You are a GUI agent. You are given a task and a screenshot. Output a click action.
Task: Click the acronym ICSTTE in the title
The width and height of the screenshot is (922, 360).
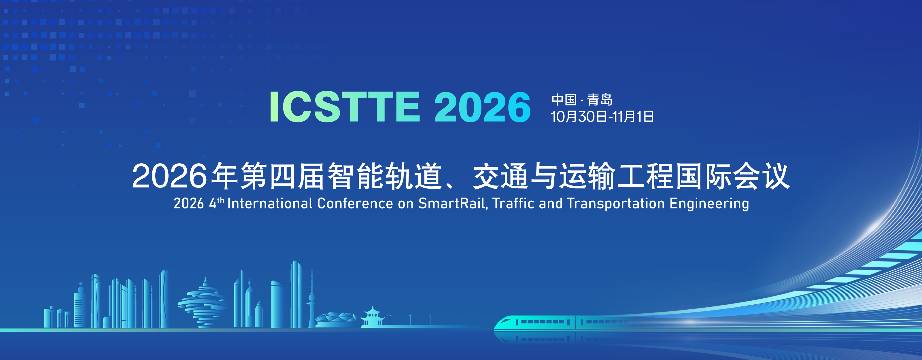(x=345, y=107)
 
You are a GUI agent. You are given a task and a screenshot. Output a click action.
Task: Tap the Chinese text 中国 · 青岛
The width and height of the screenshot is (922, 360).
(x=582, y=99)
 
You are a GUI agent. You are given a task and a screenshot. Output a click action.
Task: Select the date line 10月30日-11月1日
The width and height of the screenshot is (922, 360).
(x=602, y=117)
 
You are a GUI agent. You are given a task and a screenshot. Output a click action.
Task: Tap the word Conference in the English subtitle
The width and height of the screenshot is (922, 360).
(x=355, y=203)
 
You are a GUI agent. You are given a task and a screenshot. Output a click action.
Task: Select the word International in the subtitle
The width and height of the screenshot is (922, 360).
(x=270, y=203)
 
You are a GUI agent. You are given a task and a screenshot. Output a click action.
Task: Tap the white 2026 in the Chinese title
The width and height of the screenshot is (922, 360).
(x=169, y=176)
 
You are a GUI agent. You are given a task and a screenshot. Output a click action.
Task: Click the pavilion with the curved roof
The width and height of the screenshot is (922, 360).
(x=372, y=317)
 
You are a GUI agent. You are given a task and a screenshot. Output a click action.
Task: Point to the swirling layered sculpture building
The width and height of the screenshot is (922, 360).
(x=203, y=304)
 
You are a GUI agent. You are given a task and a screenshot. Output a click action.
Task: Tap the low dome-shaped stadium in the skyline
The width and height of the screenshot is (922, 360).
(x=335, y=320)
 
